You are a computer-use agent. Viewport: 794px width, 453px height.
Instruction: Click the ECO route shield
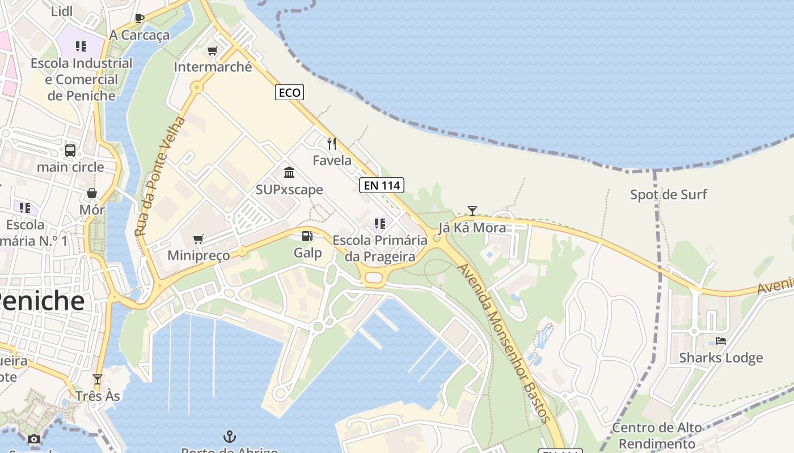(289, 92)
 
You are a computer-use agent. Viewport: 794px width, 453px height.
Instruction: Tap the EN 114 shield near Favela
(381, 185)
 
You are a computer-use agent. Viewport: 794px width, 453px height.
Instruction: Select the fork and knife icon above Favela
(332, 144)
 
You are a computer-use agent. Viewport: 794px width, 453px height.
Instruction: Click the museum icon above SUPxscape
(289, 172)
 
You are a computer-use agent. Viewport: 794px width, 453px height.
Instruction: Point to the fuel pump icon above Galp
(307, 236)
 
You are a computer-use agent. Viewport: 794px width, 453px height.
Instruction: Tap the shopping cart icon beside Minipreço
(198, 240)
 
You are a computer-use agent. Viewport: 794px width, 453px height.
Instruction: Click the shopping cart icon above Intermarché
(213, 51)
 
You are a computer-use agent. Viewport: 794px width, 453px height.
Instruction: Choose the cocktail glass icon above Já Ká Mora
(472, 211)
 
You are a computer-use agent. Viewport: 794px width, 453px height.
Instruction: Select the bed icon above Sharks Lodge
(721, 340)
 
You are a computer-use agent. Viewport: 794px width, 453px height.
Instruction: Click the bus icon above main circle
(70, 151)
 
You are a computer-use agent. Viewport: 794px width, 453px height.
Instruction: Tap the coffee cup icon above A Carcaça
(140, 18)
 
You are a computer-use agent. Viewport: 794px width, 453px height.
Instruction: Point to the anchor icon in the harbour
(229, 436)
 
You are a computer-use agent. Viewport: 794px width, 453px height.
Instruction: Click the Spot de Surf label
(669, 195)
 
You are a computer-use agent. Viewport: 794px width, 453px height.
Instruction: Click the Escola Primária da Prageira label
(380, 248)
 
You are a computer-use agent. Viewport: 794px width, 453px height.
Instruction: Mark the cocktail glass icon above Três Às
(98, 379)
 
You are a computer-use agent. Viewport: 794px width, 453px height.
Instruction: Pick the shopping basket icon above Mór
(92, 193)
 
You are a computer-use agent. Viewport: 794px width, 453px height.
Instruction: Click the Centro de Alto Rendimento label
(657, 435)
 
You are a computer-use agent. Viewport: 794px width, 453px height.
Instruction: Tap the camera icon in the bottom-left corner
(34, 439)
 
